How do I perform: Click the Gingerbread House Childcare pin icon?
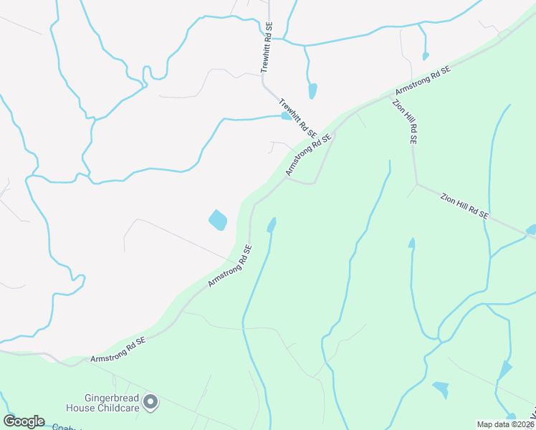150,402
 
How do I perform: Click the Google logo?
24,421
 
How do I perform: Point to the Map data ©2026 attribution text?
506,424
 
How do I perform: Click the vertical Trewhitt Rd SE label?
266,47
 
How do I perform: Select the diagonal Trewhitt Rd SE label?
297,119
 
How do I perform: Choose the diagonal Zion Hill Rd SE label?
464,205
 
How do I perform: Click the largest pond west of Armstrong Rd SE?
217,220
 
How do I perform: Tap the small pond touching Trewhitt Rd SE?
287,116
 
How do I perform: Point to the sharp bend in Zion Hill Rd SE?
416,183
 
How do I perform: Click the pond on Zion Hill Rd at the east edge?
531,230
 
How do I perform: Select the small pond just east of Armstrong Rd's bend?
271,226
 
